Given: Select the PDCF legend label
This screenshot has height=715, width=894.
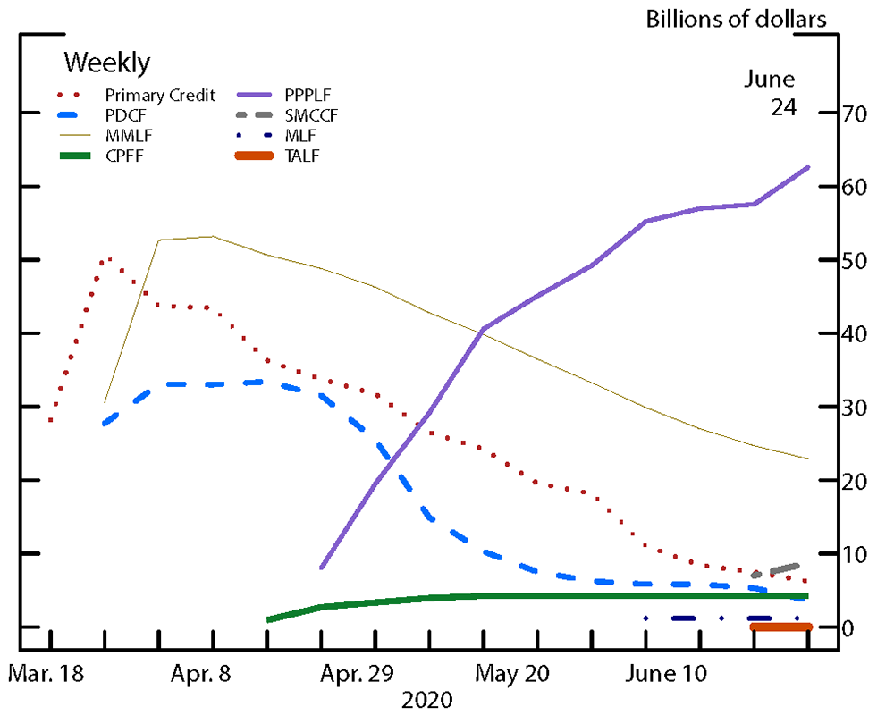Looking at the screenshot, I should tap(122, 114).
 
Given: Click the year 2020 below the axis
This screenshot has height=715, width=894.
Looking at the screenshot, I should tap(428, 699).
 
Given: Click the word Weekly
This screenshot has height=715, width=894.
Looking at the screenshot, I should tap(107, 63).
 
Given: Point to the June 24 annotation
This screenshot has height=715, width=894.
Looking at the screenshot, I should tap(770, 93).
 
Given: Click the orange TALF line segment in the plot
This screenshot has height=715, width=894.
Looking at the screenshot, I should tap(780, 627).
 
